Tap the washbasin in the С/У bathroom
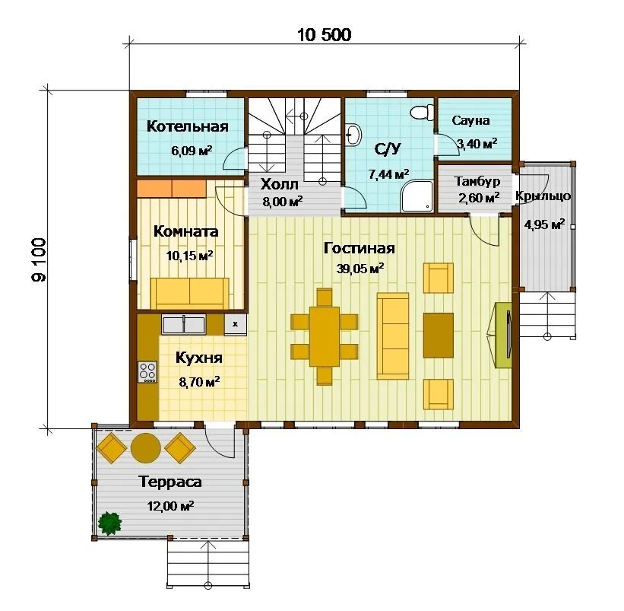pos(353,134)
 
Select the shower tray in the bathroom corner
pos(417,196)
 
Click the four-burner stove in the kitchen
pos(147,372)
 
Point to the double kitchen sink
pos(183,324)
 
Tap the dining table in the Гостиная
pos(325,336)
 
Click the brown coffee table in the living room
pos(438,335)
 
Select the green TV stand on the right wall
pos(503,336)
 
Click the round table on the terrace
pos(146,447)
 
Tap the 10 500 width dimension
pos(325,35)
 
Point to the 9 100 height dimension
pos(39,259)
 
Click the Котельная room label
pos(188,126)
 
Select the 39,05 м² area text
pos(360,268)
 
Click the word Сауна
pos(470,120)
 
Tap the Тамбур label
pos(477,181)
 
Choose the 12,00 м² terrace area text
pos(171,506)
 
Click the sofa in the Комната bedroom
pos(190,294)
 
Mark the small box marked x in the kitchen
pos(235,324)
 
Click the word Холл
pos(280,184)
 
